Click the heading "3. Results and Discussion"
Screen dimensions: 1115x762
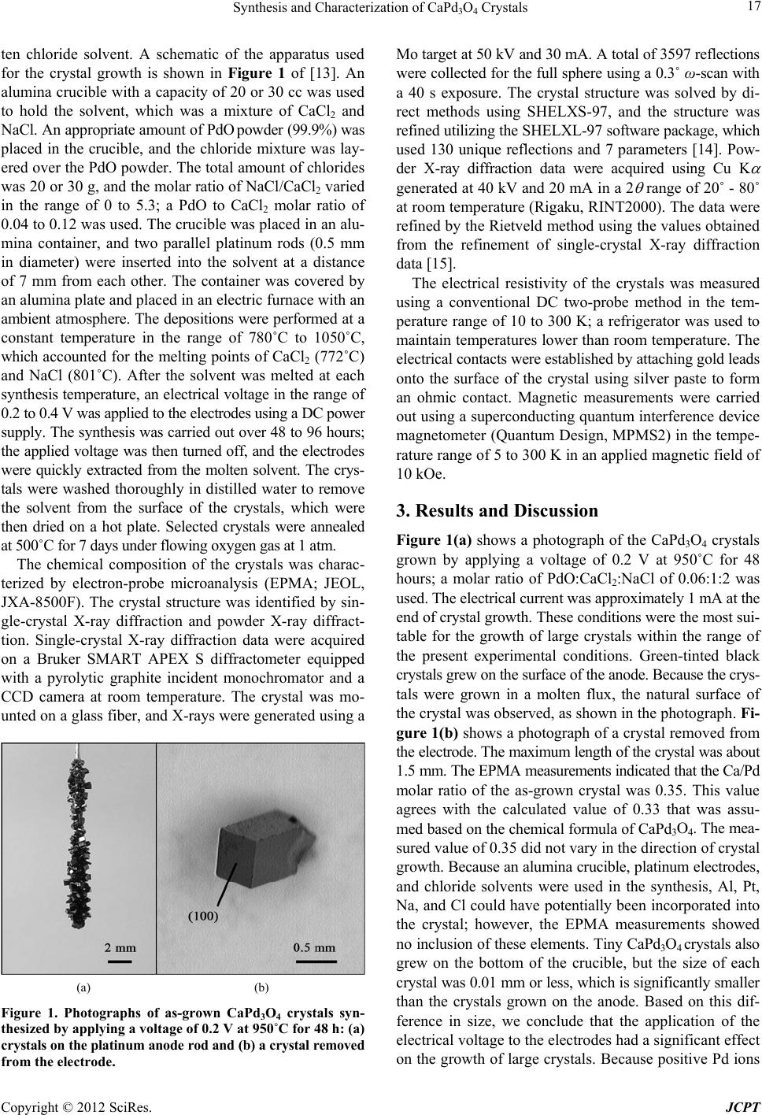[x=497, y=511]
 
